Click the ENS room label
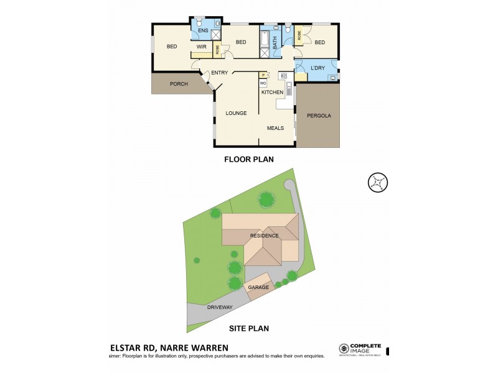[203, 30]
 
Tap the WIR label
[201, 47]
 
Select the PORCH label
[179, 84]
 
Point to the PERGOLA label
[319, 116]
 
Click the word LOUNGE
[236, 113]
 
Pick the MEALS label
[275, 128]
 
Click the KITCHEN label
[272, 92]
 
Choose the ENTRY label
[219, 73]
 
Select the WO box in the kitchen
[263, 83]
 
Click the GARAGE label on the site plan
[258, 287]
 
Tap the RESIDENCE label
[264, 236]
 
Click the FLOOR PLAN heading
[249, 159]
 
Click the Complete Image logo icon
[343, 349]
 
